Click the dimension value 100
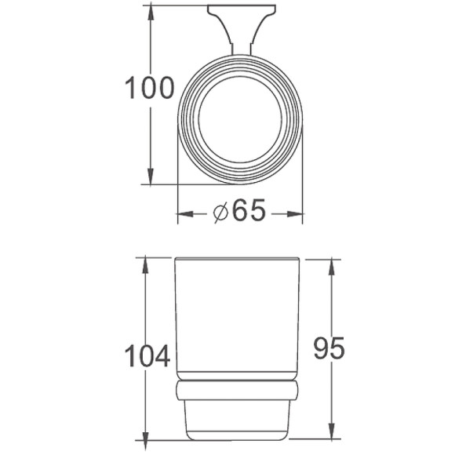[150, 88]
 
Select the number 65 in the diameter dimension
[249, 211]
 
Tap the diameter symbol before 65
[220, 212]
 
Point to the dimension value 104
[147, 356]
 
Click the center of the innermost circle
[240, 122]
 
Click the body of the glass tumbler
[238, 322]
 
